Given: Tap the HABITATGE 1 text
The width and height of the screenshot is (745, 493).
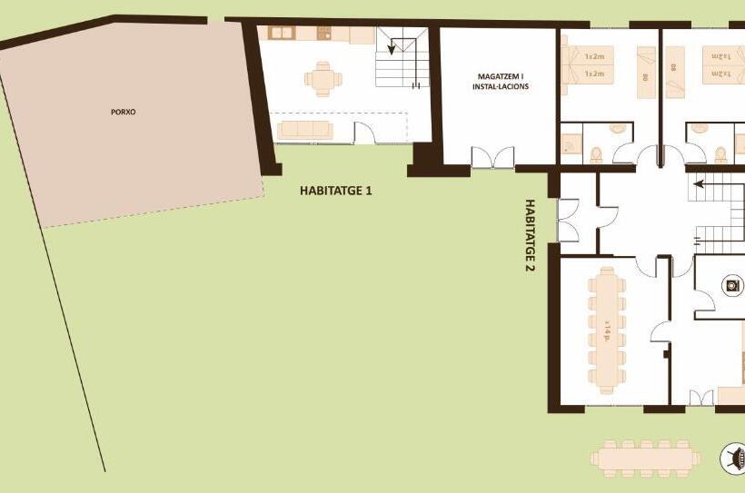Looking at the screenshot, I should click(335, 192).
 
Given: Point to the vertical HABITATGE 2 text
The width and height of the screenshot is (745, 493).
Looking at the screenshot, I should click(529, 236).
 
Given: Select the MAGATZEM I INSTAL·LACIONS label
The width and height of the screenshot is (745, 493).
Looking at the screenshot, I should click(500, 82).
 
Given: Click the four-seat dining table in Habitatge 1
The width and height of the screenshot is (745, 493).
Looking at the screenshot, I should click(323, 78).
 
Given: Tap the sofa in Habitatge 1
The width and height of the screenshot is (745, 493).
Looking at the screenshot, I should click(306, 129).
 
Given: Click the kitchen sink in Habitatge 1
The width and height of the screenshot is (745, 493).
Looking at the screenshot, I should click(281, 34).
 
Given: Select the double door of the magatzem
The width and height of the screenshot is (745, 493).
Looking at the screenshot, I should click(492, 158).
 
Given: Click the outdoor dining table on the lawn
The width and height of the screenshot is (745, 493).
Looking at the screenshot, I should click(646, 457).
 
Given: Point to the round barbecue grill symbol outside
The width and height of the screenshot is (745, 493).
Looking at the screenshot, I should click(733, 458).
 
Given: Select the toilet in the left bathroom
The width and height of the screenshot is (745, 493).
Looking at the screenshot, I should click(596, 153).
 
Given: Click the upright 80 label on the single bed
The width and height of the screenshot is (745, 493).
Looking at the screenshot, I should click(644, 78).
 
